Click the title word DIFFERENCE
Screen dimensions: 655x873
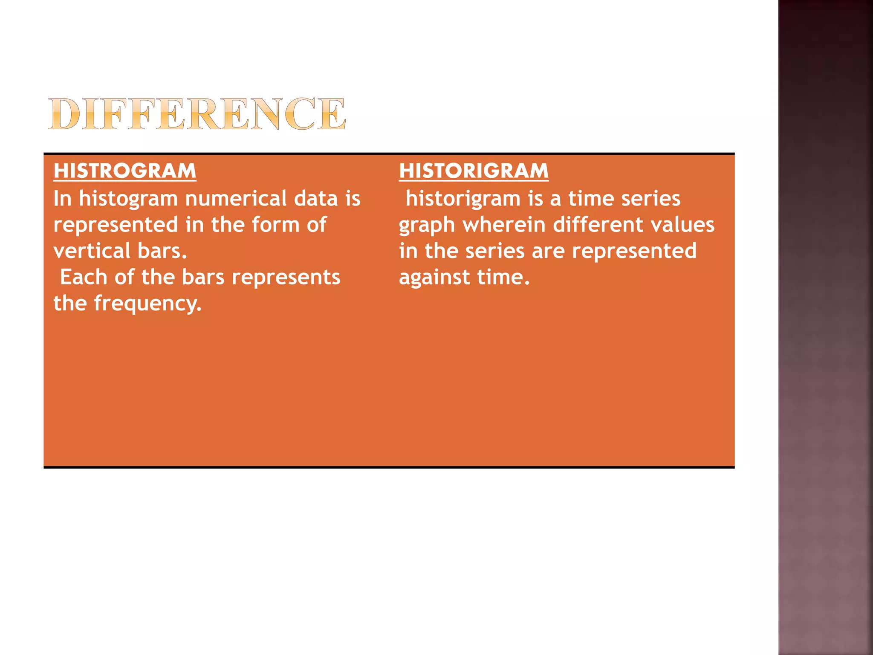[x=197, y=114]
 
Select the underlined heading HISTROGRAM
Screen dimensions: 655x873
[x=125, y=171]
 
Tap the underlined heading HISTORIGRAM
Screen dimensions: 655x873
[x=474, y=171]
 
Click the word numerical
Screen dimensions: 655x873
[x=236, y=199]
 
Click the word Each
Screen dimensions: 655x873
[x=84, y=277]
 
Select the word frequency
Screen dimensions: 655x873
[x=147, y=304]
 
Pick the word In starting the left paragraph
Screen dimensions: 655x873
[x=62, y=199]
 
